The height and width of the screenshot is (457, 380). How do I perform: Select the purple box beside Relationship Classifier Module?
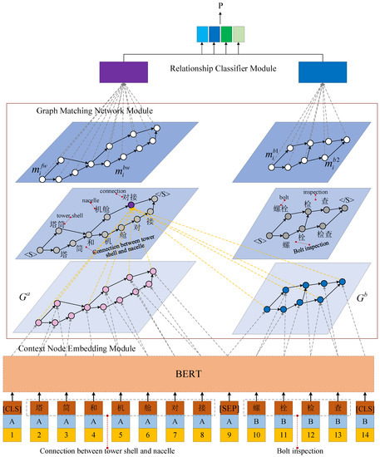click(x=123, y=72)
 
